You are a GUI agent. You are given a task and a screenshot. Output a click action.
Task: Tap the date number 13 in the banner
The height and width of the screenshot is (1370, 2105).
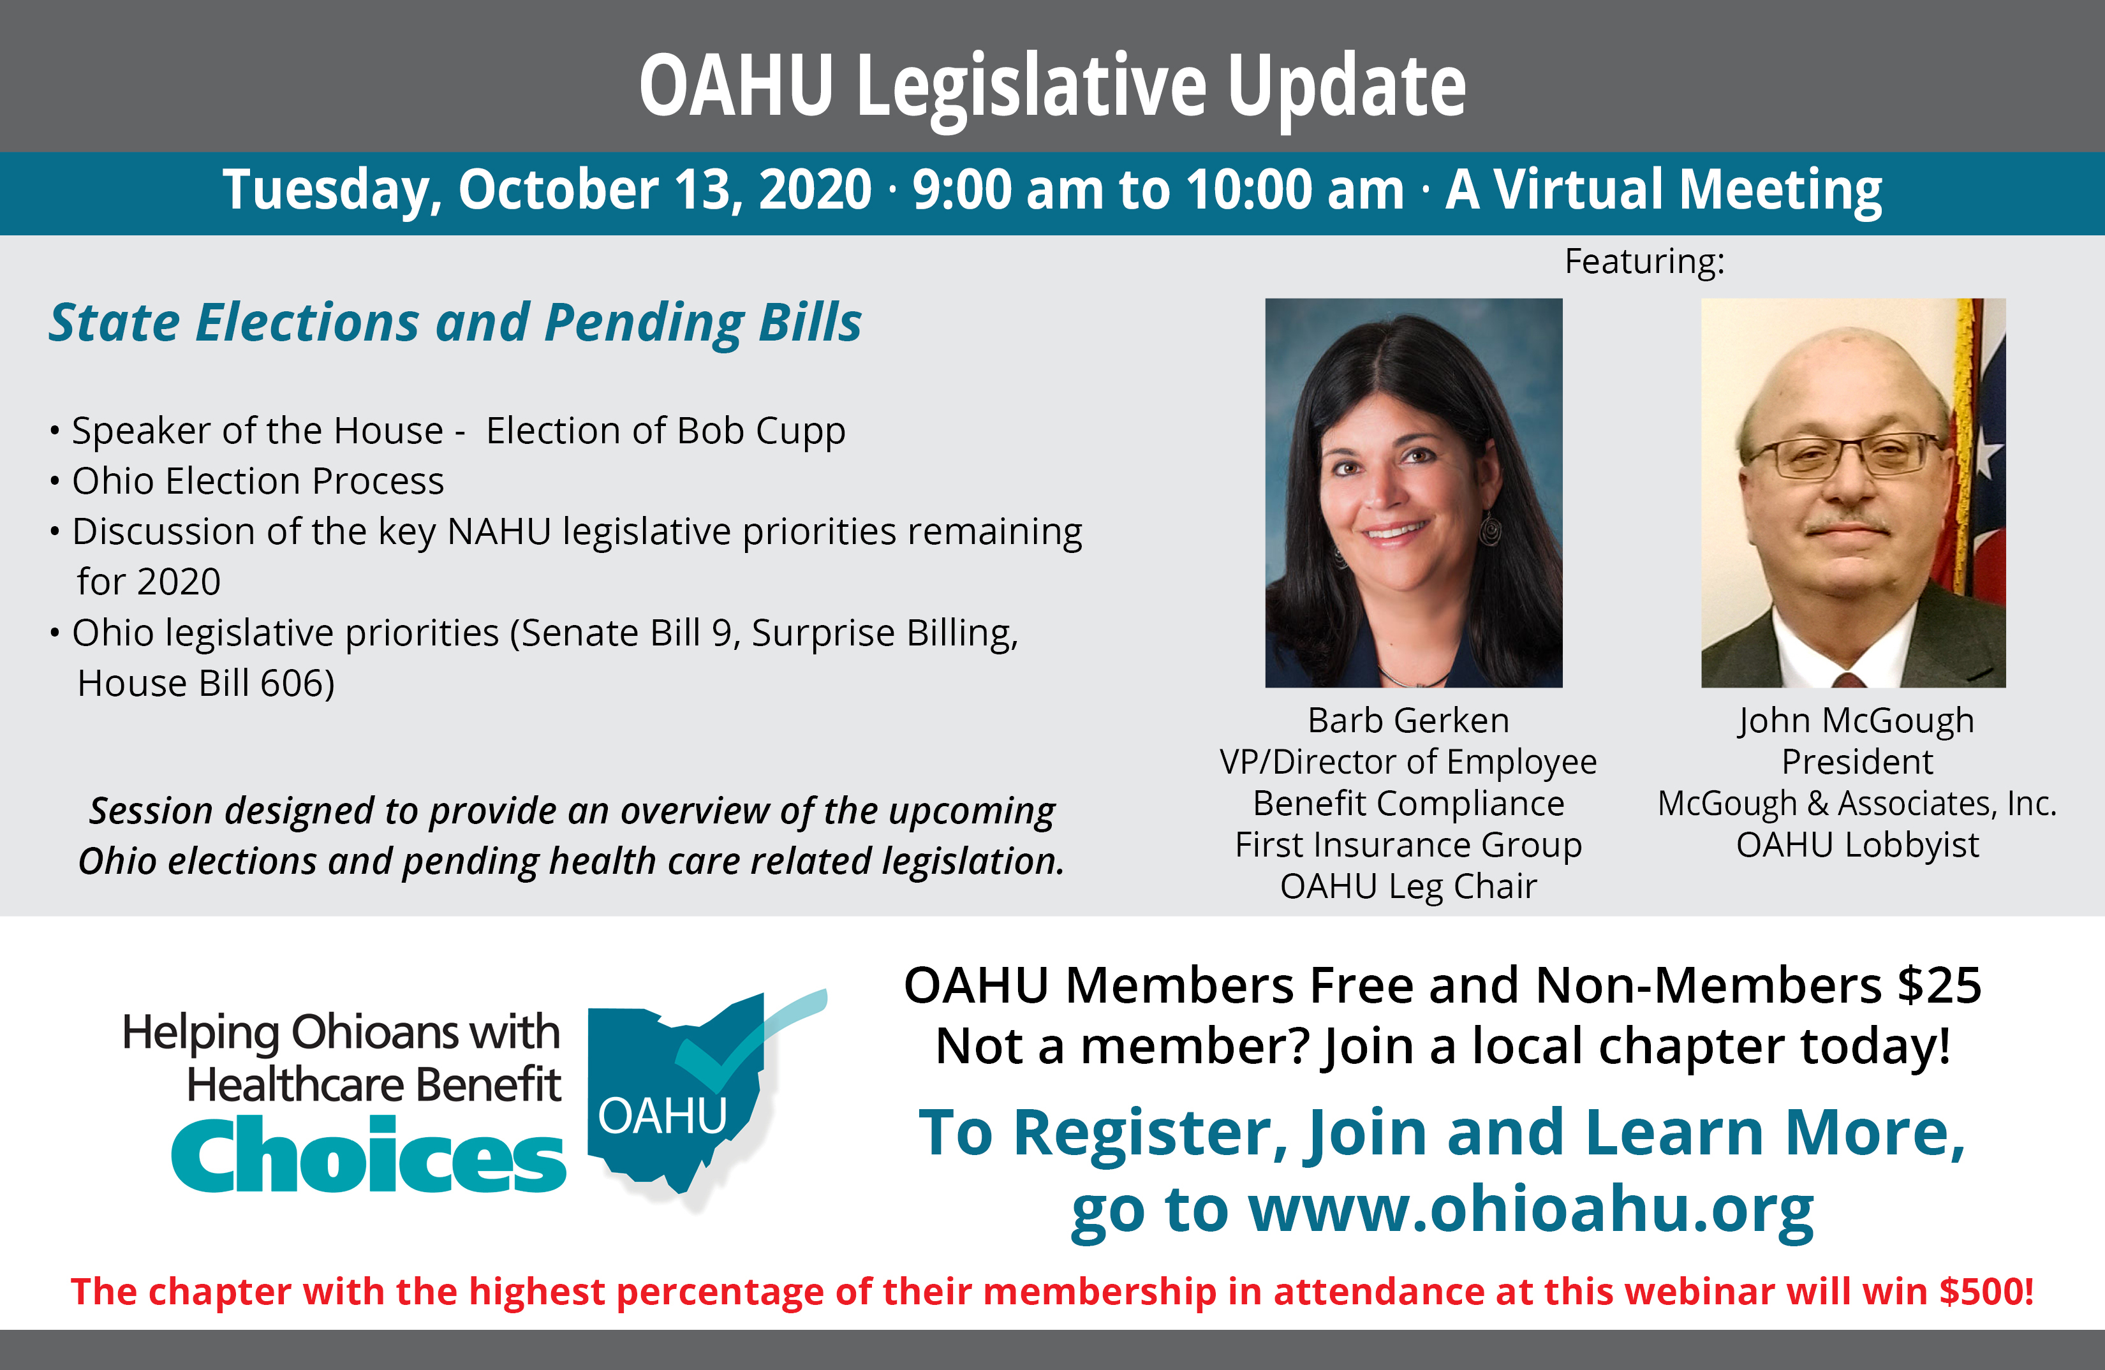707,190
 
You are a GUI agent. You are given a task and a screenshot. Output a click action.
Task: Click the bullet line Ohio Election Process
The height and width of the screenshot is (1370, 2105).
257,481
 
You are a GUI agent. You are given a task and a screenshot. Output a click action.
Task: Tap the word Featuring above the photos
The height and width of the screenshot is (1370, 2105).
1641,261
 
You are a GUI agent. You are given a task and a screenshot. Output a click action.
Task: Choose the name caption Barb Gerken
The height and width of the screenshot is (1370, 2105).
1408,720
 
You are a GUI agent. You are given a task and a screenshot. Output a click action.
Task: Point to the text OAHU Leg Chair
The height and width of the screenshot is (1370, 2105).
1408,886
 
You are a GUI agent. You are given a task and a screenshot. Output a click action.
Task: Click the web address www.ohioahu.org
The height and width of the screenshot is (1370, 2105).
1530,1210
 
